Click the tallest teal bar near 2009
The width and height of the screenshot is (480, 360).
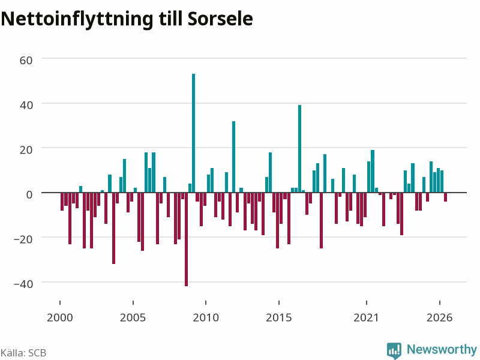point(193,133)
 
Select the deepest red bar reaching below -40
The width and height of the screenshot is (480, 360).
point(186,239)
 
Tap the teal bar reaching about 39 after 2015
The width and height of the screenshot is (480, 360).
point(299,149)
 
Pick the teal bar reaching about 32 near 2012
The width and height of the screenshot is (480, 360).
point(233,157)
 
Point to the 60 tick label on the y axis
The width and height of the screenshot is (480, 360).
point(26,61)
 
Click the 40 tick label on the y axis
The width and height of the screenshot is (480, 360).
point(26,105)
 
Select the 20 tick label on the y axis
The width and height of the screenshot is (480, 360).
point(26,149)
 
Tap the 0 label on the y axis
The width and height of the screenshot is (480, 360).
point(29,194)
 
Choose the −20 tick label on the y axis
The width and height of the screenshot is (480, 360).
point(23,239)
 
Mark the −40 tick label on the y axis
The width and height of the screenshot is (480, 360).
point(23,284)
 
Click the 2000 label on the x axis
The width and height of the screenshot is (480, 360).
point(60,317)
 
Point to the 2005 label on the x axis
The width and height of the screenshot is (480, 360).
point(133,317)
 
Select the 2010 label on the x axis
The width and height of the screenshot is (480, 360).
point(206,317)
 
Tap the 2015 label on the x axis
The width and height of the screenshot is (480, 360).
point(279,317)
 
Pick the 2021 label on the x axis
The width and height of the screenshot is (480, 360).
point(366,317)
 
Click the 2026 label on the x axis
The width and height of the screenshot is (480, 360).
point(440,317)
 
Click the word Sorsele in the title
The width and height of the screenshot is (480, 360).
point(220,19)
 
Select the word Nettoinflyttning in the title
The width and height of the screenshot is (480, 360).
point(77,20)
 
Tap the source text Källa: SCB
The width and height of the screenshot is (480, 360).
point(23,353)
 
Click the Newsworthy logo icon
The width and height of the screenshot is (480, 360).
point(394,350)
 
